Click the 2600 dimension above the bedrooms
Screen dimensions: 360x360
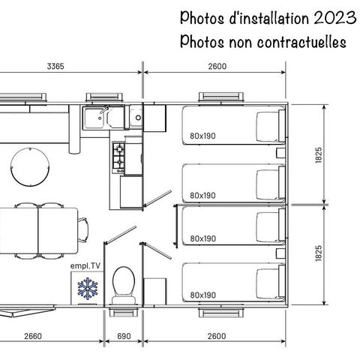214,67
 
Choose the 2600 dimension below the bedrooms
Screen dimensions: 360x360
214,336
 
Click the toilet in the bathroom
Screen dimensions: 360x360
120,285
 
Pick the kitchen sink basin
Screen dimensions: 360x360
95,118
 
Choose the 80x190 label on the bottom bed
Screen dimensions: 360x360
202,295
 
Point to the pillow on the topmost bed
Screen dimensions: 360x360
266,124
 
